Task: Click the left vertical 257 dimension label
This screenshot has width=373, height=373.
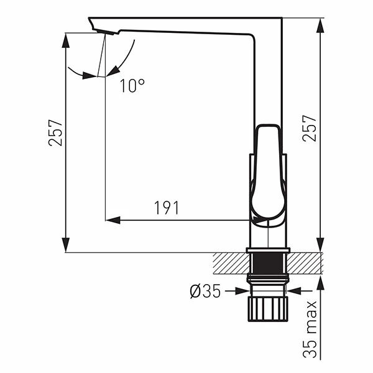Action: tap(57, 132)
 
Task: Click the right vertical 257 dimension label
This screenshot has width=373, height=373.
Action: tap(309, 128)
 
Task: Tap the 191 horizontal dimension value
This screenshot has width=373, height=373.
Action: tap(167, 208)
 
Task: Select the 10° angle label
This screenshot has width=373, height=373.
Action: tap(132, 86)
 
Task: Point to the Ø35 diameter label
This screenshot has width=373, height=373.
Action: tap(205, 291)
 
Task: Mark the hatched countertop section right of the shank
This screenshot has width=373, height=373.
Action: tap(306, 263)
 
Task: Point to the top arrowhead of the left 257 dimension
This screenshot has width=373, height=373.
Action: tap(67, 37)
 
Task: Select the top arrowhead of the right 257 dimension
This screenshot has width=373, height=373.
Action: tap(321, 24)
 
